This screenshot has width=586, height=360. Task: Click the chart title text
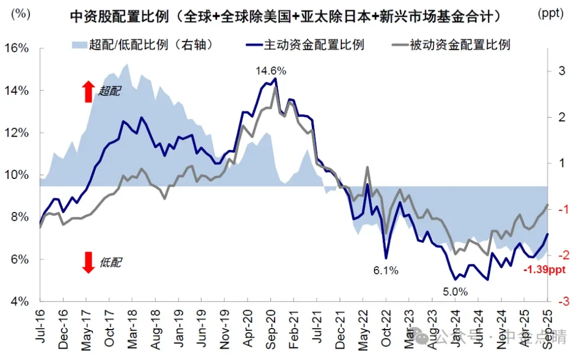coord(285,17)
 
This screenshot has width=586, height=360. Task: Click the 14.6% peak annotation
coord(271,70)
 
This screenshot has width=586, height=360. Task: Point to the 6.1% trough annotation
coord(385,270)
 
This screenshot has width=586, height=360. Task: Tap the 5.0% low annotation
coord(455,292)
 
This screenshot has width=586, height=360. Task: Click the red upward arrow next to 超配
coord(88,92)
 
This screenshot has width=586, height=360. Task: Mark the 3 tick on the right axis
coord(562,71)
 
